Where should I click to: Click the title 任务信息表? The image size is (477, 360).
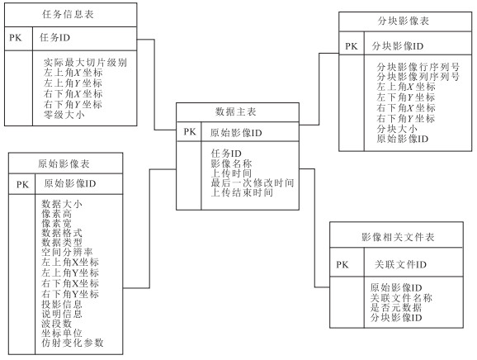click(68, 14)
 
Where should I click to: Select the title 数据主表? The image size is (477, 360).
click(236, 111)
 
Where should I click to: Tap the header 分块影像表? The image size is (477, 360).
click(404, 21)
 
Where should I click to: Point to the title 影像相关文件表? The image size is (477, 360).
click(398, 237)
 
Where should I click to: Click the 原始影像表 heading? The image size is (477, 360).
click(64, 163)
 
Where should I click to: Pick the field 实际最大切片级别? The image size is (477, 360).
click(85, 63)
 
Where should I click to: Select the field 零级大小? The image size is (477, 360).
click(64, 115)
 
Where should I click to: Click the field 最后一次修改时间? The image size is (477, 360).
click(253, 183)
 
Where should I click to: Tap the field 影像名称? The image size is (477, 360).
click(232, 163)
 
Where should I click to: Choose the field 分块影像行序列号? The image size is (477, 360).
click(418, 67)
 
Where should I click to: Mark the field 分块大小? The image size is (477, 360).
click(397, 129)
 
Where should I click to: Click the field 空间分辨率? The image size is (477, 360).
click(67, 252)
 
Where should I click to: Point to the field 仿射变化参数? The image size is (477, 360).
click(73, 343)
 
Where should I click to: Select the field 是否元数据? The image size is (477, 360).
click(396, 307)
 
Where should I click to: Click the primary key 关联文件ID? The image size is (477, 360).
click(400, 264)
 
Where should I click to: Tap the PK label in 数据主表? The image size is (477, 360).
click(190, 132)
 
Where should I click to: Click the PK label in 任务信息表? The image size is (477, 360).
click(16, 38)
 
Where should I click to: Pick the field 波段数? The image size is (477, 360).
click(57, 323)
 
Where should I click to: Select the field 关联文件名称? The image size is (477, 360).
click(401, 297)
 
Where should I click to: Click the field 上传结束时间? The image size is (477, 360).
click(242, 192)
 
